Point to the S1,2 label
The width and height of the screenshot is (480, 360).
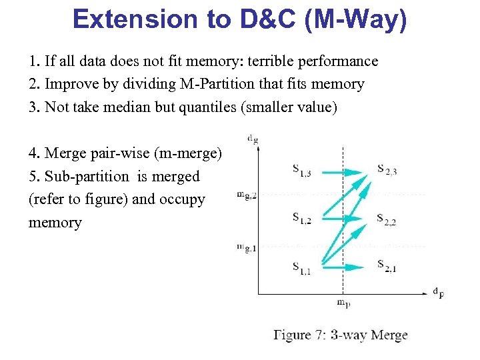(x=301, y=219)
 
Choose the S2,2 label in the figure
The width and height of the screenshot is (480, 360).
(x=386, y=219)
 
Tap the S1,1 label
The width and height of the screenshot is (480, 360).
(x=301, y=268)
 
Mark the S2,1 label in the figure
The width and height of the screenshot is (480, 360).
(x=386, y=268)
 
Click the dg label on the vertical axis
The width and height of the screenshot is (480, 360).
(x=253, y=140)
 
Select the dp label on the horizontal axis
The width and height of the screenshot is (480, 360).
(x=438, y=292)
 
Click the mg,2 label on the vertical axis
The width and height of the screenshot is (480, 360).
(x=246, y=195)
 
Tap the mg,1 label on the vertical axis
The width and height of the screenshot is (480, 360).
(x=246, y=248)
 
